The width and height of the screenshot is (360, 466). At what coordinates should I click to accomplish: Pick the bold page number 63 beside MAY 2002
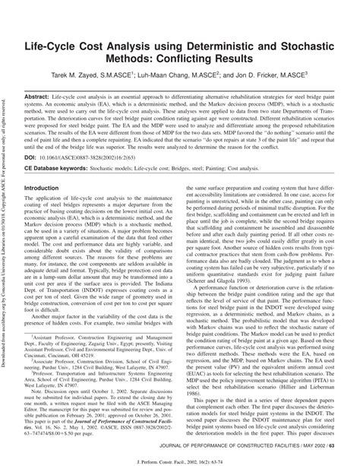click(342, 442)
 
